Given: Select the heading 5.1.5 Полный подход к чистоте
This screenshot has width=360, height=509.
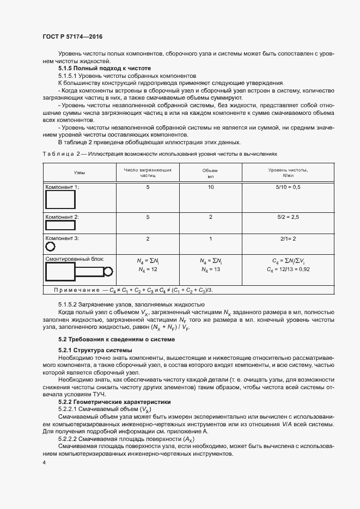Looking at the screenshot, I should point(104,68).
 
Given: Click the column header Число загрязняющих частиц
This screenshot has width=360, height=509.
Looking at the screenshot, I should point(148,173).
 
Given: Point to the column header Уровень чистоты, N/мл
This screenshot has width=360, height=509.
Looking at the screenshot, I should point(288,173).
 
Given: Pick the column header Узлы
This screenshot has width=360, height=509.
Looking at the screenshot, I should point(79,173).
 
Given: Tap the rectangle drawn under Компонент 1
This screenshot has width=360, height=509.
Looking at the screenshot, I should point(60,200).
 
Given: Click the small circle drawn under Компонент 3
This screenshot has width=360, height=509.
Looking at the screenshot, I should point(50,247).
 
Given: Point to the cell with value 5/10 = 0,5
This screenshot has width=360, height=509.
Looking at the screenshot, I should point(288,187).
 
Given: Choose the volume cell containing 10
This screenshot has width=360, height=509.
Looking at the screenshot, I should point(210,187).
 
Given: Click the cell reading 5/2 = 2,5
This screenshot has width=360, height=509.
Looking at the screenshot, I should point(288,217).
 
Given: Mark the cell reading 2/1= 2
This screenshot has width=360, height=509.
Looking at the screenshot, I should point(288,238).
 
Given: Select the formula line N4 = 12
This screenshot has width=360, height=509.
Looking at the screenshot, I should point(148,269).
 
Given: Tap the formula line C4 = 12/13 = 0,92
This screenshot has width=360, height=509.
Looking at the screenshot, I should point(288,269).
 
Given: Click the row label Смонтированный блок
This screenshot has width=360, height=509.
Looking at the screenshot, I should point(75,260).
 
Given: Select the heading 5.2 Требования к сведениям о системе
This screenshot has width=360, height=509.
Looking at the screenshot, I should point(117,339).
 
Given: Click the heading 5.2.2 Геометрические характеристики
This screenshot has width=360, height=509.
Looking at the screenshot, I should point(114,402).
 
